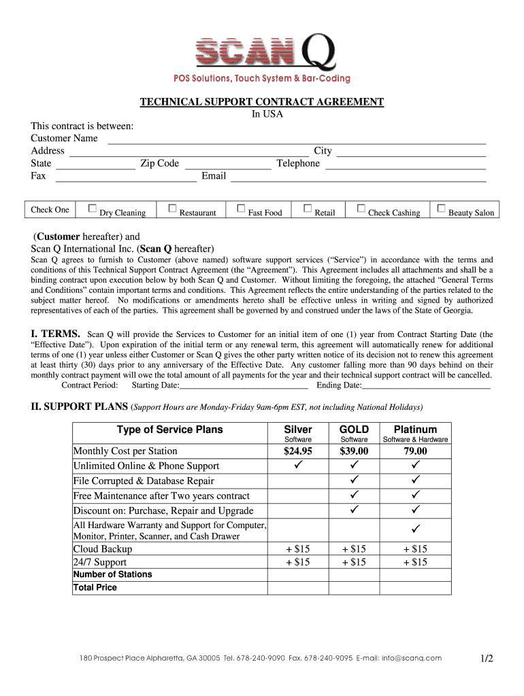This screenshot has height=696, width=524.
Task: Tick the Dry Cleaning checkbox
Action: tap(93, 209)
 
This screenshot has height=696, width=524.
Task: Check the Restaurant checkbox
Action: tap(172, 209)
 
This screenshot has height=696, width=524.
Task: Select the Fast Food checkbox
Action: tap(241, 209)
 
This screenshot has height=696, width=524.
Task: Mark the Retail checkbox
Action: tap(308, 209)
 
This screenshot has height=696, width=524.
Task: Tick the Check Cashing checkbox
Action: tap(361, 209)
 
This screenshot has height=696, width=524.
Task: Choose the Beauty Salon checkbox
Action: tap(442, 209)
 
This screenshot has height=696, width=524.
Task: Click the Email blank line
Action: tap(358, 178)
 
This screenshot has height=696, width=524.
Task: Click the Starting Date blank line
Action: tap(244, 386)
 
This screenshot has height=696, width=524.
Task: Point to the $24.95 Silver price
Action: tap(298, 451)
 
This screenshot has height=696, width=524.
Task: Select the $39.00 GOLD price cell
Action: tap(354, 451)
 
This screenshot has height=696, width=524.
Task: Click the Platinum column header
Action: tap(415, 430)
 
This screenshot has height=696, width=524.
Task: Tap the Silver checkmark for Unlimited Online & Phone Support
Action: tap(298, 466)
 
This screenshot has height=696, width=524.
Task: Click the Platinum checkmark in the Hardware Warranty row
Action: tap(415, 529)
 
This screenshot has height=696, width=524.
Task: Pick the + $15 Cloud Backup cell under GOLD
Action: tap(354, 549)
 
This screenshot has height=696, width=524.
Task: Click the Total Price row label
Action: tap(95, 587)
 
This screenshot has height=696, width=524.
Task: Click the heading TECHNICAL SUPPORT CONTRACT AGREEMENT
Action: tap(262, 102)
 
